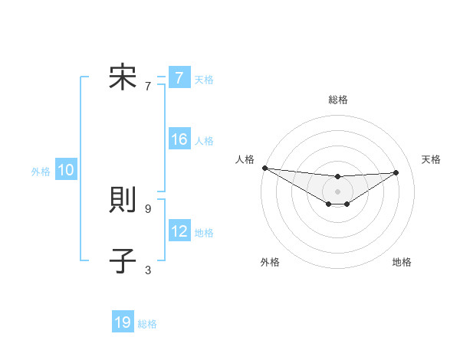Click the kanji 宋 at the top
point(123,78)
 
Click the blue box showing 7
point(179,78)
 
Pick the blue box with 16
point(179,139)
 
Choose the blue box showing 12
point(179,231)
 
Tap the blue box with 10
point(66,171)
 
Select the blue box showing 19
point(123,322)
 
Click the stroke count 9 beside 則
point(148,208)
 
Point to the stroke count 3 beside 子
point(148,270)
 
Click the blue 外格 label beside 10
point(41,172)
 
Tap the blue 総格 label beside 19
point(147,324)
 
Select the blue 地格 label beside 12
point(204,232)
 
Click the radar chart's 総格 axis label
point(338,100)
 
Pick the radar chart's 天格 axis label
point(431,159)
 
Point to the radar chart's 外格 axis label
point(270,262)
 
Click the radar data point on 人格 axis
point(264,168)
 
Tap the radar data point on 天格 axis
point(396,172)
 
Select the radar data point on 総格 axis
point(338,177)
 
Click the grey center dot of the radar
point(338,191)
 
